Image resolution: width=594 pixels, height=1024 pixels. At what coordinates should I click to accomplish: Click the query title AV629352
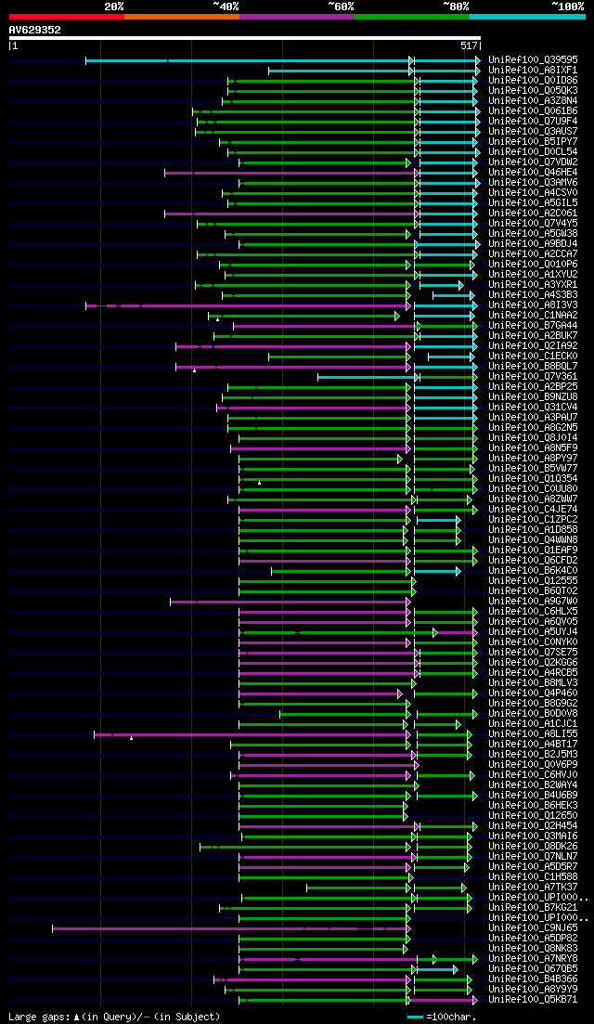[35, 30]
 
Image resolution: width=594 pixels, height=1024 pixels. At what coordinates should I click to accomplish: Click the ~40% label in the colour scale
[226, 6]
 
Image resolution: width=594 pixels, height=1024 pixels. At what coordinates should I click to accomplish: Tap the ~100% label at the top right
[567, 6]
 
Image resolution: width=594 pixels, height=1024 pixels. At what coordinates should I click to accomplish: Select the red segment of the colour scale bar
[66, 16]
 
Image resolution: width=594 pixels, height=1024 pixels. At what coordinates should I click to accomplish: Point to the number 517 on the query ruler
[468, 45]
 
